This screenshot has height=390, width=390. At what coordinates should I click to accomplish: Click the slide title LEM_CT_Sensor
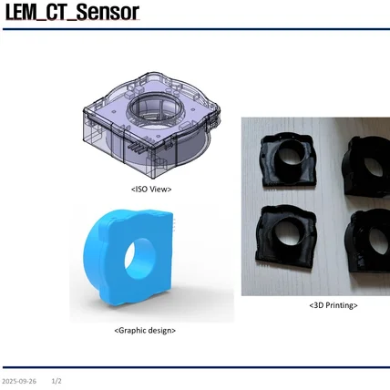(72, 13)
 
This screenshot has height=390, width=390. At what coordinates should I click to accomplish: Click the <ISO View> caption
(150, 189)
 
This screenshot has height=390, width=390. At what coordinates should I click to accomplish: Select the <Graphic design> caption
(145, 330)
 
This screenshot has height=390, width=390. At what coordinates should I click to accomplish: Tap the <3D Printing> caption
(333, 305)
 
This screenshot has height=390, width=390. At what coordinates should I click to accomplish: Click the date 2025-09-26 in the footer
(19, 380)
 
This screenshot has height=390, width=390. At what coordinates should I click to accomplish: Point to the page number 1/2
(56, 380)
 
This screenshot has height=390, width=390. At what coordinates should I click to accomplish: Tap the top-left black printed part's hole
(291, 155)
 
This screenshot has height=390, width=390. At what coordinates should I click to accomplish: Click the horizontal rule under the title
(195, 29)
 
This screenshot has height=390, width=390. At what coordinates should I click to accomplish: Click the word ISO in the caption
(141, 189)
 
